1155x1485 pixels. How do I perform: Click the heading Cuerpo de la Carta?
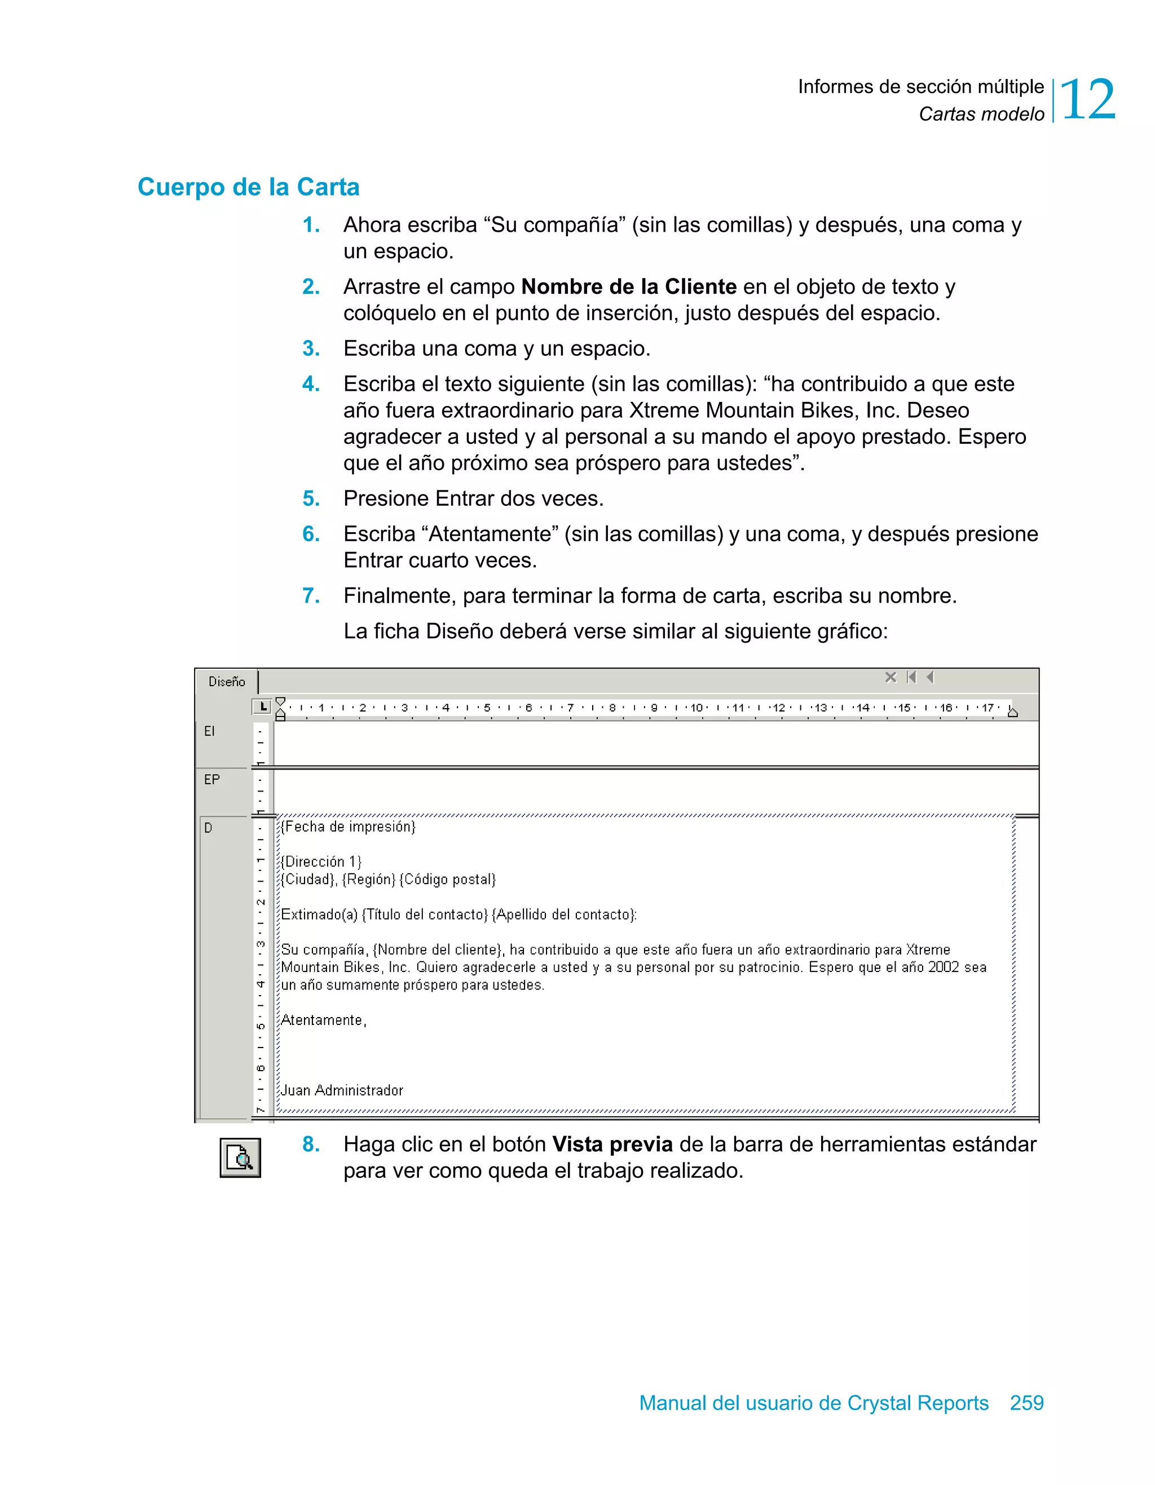[x=248, y=187]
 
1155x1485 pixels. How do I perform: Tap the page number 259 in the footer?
[x=1026, y=1403]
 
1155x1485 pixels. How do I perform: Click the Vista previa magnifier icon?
[x=240, y=1157]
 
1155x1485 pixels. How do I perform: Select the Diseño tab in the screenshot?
[x=227, y=681]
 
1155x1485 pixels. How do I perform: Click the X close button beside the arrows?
[x=891, y=677]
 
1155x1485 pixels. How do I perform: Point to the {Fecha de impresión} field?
[x=349, y=827]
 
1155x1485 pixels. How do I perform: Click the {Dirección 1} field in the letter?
[x=321, y=861]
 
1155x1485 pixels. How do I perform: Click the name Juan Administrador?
[x=342, y=1090]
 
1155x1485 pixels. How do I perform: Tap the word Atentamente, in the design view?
[x=324, y=1020]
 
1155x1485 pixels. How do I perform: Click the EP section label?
[x=211, y=780]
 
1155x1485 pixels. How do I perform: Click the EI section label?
[x=209, y=731]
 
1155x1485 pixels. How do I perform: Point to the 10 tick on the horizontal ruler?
[x=696, y=708]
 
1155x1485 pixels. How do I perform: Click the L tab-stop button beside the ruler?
[x=262, y=706]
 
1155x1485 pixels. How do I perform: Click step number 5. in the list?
[x=311, y=498]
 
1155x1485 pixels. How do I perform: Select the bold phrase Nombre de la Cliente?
[x=628, y=287]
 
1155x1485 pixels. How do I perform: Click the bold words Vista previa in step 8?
[x=612, y=1144]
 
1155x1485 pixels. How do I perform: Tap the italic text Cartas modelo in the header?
[x=981, y=114]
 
